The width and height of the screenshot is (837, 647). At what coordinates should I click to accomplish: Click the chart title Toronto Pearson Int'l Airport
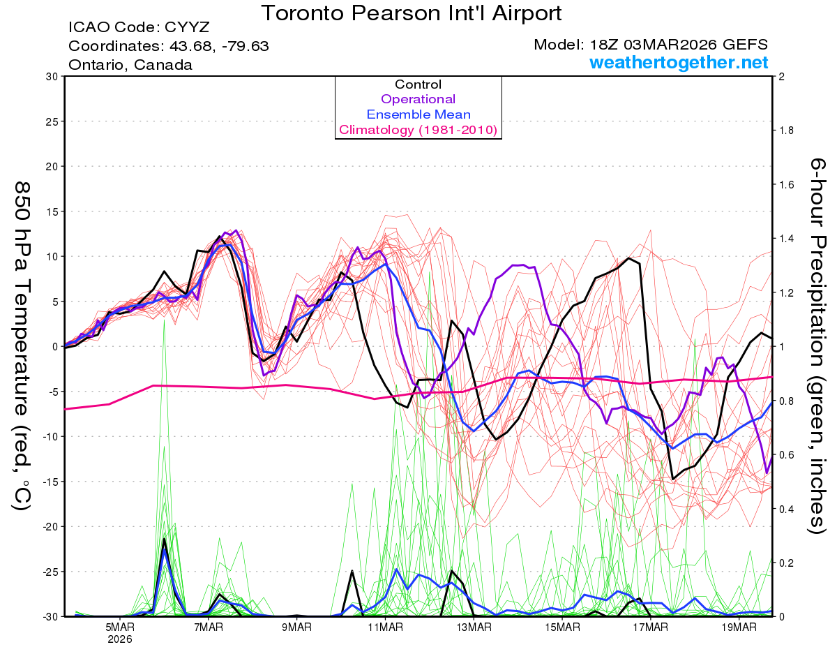(412, 13)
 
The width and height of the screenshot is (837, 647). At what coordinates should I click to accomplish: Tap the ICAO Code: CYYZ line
(139, 28)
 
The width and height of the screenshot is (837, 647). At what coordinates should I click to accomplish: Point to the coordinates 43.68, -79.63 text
(169, 46)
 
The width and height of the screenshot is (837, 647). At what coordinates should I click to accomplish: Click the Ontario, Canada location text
(130, 65)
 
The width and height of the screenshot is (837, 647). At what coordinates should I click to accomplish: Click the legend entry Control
(418, 84)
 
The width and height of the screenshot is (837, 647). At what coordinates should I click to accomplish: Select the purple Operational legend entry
(418, 99)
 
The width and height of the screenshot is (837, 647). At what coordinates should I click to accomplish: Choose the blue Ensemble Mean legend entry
(418, 114)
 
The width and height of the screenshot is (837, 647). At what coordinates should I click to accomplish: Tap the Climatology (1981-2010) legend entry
(418, 130)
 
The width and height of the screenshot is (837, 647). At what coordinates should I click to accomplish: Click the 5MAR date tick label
(120, 627)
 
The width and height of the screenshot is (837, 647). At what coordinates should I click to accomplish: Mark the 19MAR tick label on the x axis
(737, 627)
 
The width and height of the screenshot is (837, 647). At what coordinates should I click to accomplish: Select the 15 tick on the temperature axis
(51, 211)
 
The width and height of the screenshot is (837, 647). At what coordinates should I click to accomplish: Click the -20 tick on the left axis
(48, 526)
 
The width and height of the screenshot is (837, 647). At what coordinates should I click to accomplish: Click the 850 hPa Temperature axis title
(22, 345)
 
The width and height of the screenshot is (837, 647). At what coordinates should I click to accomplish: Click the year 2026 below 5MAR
(120, 639)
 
